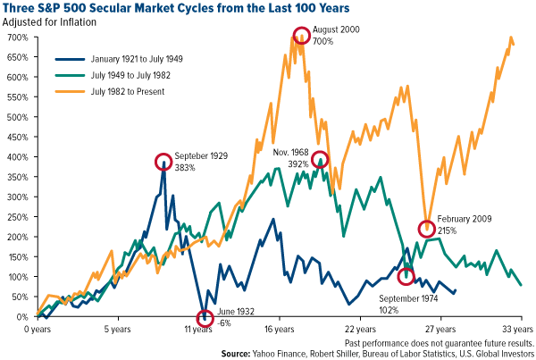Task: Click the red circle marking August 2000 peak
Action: (x=301, y=37)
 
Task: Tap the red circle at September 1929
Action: (x=163, y=162)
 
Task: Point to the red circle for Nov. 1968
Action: (x=319, y=160)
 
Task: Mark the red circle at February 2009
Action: (x=428, y=230)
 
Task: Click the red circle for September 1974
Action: (x=406, y=276)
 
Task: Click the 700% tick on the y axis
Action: (x=20, y=38)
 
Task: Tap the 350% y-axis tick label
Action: (x=20, y=177)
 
